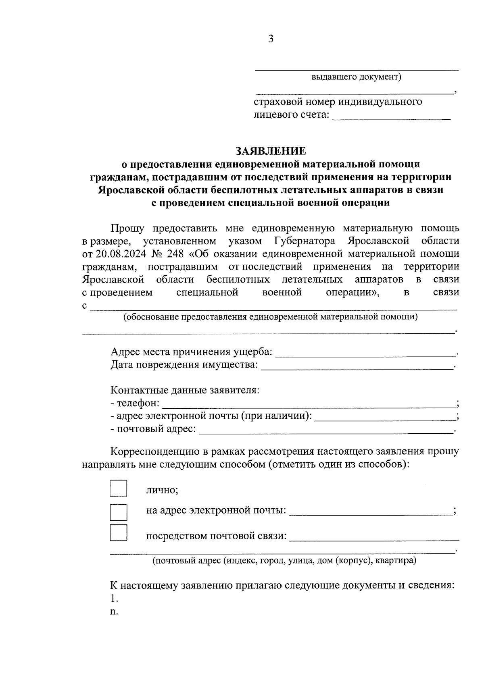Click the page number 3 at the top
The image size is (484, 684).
point(271,39)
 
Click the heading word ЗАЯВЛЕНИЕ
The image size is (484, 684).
point(271,151)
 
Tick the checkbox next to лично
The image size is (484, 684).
point(118,488)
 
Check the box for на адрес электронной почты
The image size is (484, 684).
point(118,512)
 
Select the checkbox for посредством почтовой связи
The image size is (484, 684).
point(118,532)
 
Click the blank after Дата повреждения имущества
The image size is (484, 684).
point(357,366)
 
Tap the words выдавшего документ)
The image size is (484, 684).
point(356,77)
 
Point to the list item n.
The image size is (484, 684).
point(114,611)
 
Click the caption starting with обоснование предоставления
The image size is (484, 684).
point(271,317)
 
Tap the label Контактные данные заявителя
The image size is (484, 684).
point(185,391)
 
